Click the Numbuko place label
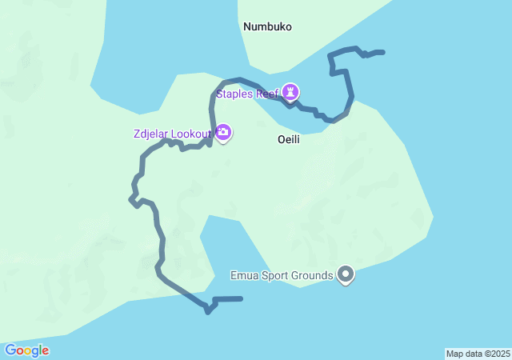pos(267,27)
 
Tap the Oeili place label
pos(288,139)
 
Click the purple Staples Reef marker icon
pos(291,92)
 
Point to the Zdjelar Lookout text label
pos(172,134)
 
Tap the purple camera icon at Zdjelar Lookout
pos(223,133)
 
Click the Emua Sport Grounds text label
pos(282,276)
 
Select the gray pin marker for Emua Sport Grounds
pos(346,274)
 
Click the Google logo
pos(26,350)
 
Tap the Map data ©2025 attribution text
pos(478,354)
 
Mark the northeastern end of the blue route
pos(383,52)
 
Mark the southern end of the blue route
pos(241,298)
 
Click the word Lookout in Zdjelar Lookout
pos(190,134)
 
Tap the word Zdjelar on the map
pos(151,134)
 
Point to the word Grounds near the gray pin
pos(314,276)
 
